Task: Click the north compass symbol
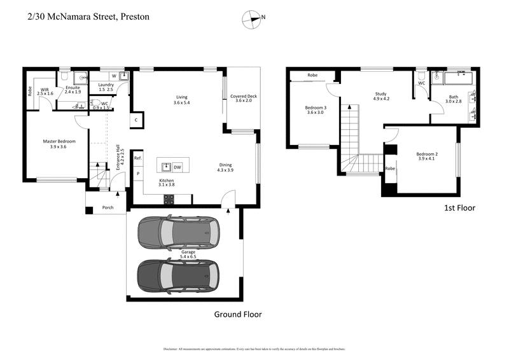click(x=253, y=18)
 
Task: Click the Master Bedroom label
click(x=59, y=141)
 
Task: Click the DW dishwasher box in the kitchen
click(x=178, y=167)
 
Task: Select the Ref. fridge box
click(x=137, y=158)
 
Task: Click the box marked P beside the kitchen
click(x=137, y=174)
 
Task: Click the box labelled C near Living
click(x=136, y=120)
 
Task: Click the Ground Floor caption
click(x=237, y=314)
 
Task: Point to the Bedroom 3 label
click(x=316, y=107)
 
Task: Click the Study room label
click(x=380, y=93)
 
